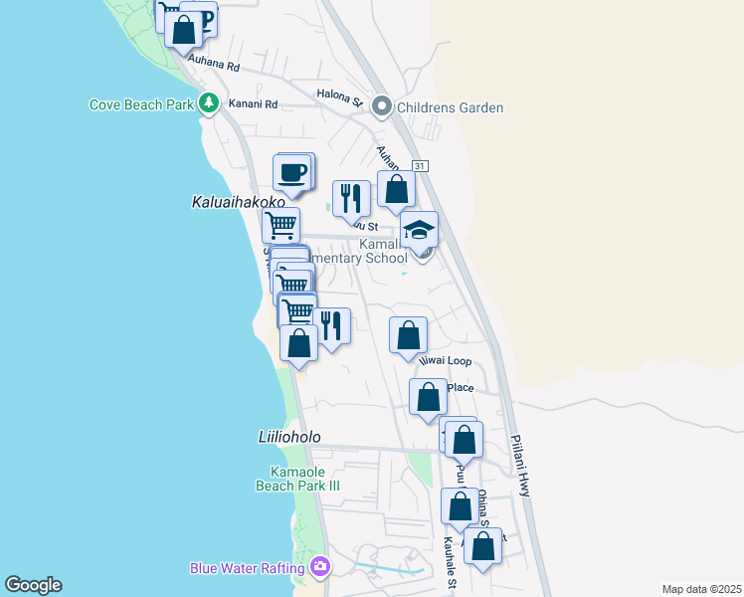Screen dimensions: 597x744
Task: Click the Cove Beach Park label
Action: (x=142, y=103)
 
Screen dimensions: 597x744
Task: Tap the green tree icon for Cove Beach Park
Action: (x=209, y=102)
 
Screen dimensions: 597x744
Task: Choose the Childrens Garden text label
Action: (x=450, y=107)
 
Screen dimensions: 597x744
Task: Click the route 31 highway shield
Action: (x=421, y=166)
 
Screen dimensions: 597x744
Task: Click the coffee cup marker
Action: (x=293, y=173)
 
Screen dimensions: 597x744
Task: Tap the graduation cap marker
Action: (x=420, y=230)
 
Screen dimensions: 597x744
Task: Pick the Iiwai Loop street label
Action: (x=445, y=361)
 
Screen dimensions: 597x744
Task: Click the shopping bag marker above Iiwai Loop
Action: (x=408, y=336)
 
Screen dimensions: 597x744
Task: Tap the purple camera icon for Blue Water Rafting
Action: (x=320, y=567)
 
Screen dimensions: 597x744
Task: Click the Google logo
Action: (x=33, y=585)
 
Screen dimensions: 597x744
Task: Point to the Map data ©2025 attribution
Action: (x=701, y=589)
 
